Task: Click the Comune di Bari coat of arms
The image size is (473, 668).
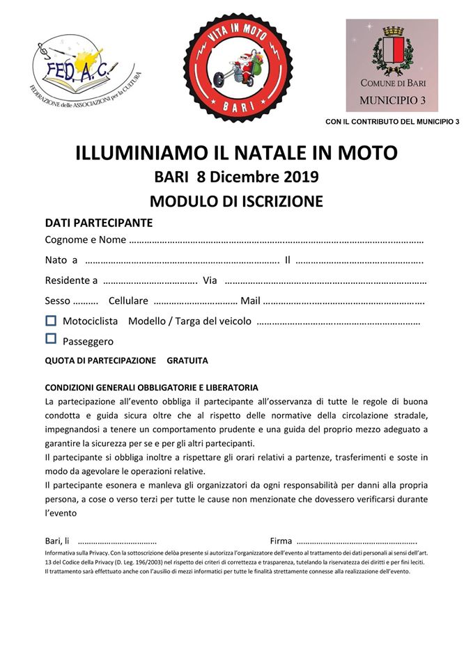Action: [391, 52]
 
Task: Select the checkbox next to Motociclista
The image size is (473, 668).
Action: [50, 321]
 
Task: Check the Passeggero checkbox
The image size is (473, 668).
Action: [50, 340]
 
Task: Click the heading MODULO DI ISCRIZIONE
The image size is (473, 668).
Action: [236, 202]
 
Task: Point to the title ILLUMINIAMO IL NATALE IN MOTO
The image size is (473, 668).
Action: [236, 153]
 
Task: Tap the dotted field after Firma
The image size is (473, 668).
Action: [356, 541]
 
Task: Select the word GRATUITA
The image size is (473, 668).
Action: [187, 361]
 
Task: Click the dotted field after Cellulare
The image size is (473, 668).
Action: [194, 302]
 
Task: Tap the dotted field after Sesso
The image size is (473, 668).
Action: [85, 302]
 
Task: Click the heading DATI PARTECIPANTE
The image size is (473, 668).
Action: [98, 223]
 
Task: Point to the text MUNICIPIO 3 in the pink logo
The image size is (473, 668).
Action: [391, 100]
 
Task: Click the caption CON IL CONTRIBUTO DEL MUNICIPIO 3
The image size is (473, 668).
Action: [392, 122]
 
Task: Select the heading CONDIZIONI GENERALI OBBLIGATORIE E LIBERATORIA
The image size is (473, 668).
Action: [151, 388]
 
